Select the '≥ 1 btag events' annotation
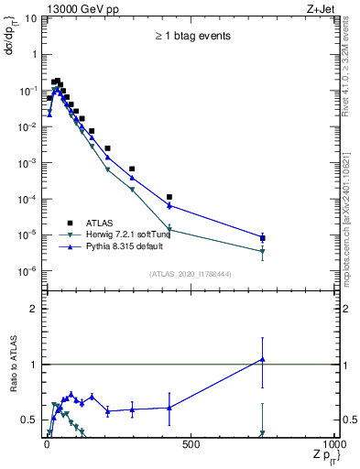(191, 36)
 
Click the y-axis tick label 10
(31, 18)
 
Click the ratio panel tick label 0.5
(29, 420)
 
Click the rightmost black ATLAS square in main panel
(263, 238)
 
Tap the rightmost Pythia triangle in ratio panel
(263, 359)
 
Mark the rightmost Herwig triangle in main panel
(263, 251)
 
